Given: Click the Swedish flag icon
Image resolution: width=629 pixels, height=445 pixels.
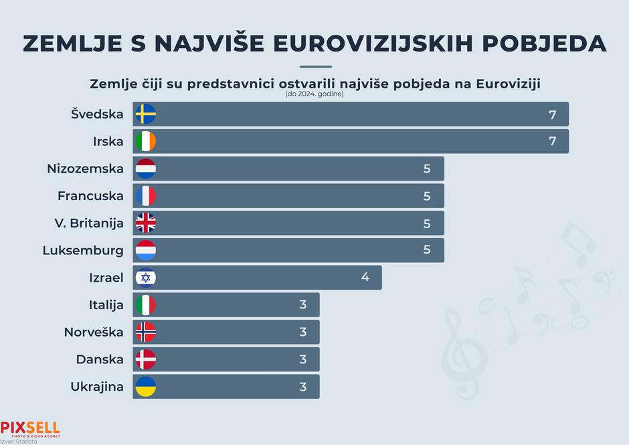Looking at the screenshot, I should pos(145,114).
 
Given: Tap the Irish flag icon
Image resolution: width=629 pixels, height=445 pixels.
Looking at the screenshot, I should pos(145,141).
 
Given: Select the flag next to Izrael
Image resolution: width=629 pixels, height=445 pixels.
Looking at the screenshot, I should pos(145,278).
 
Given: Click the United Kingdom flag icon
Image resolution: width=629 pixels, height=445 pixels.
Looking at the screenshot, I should pos(145,223).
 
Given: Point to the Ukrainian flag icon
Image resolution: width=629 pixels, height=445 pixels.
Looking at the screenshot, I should pos(145,387).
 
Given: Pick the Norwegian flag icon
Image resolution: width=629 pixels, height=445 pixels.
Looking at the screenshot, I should pos(145,332).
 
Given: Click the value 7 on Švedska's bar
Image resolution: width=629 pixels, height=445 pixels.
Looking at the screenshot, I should pos(552,114).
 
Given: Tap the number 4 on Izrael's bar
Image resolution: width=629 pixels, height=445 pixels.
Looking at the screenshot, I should pos(365,278).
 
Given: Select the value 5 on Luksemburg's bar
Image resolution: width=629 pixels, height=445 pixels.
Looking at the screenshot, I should pos(427,250).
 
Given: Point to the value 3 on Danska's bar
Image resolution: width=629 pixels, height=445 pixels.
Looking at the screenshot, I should pos(302,359).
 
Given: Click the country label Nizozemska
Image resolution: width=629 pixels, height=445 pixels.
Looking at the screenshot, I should pos(85,169).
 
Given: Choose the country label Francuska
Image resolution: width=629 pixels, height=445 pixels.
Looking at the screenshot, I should pos(90,196).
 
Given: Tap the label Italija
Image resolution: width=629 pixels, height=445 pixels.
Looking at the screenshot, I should pos(106,305).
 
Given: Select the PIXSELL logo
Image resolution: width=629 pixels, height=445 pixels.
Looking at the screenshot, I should pos(30,428).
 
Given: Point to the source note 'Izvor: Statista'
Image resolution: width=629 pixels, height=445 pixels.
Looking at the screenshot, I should pos(19,442).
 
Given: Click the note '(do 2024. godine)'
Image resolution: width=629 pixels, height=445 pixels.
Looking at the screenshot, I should pos(314,94).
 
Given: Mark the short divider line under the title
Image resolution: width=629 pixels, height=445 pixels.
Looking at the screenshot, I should pos(315,67).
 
